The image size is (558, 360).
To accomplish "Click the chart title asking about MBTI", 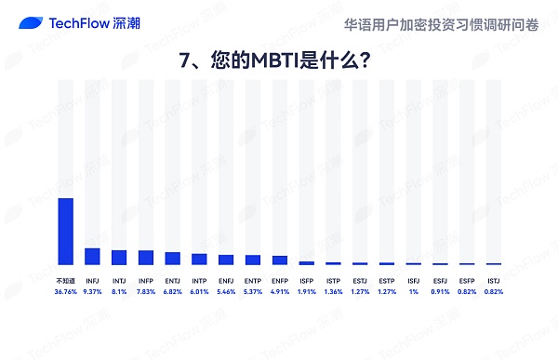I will tap(278, 60).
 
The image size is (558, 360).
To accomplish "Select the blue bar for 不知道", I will tap(65, 232).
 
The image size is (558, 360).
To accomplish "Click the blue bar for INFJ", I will tap(92, 257).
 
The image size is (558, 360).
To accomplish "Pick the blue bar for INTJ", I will tap(119, 258).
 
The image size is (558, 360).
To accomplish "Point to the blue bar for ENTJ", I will tap(172, 259).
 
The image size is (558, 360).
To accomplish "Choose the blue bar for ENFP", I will tap(279, 260).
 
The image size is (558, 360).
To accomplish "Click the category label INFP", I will tap(146, 280).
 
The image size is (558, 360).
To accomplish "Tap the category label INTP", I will tap(199, 280).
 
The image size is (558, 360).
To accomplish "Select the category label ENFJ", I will tap(226, 280).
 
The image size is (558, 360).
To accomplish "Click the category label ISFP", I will tap(306, 280).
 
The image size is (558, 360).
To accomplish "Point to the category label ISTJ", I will tap(494, 280).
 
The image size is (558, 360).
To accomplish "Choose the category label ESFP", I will tap(467, 280).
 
